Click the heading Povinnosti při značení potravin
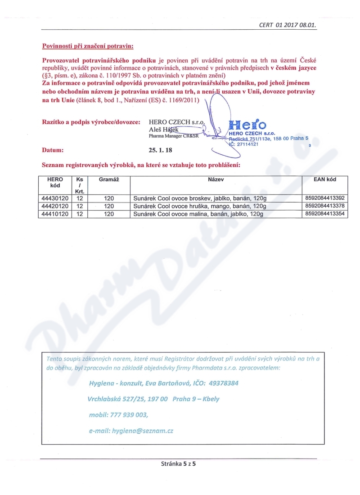coord(88,46)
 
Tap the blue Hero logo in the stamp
coord(247,125)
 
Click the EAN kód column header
coord(325,180)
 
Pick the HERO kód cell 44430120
coord(55,198)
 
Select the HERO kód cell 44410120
coord(55,214)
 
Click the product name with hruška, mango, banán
coord(200,207)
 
